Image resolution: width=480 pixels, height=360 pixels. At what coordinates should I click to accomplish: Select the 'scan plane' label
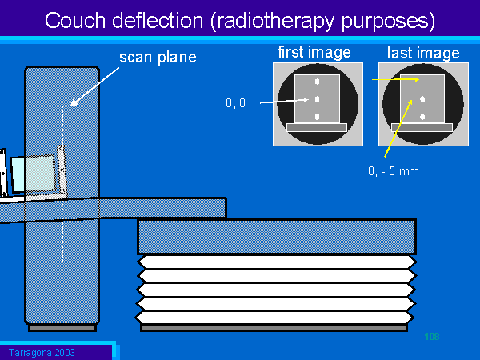[158, 58]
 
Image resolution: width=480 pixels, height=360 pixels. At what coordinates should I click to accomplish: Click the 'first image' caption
[314, 53]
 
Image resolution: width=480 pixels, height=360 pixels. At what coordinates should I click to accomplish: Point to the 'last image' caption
[423, 54]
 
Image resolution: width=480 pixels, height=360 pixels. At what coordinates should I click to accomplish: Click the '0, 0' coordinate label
[236, 102]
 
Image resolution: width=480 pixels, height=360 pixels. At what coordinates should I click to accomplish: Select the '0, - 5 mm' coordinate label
[392, 170]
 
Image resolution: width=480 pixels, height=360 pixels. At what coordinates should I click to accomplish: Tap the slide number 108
[432, 336]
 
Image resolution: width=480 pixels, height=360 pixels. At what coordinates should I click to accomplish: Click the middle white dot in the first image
[318, 99]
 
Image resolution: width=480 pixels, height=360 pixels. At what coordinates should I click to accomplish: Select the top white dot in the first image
[318, 82]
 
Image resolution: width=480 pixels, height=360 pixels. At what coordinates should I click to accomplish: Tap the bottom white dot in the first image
[318, 117]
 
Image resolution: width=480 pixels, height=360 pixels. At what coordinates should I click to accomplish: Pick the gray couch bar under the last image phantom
[421, 127]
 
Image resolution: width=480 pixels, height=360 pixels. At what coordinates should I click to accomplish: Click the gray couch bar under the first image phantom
[316, 127]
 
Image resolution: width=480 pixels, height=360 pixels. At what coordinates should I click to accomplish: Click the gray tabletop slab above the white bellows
[276, 237]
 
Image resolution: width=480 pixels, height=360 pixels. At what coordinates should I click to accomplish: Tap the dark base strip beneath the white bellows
[276, 327]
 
